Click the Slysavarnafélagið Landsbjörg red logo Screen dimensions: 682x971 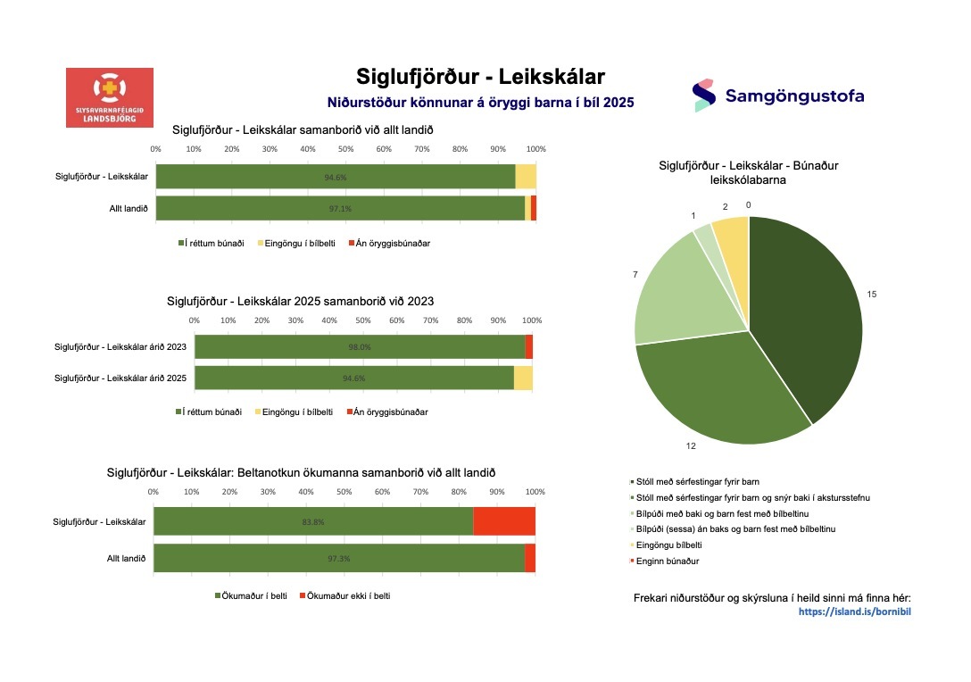(110, 96)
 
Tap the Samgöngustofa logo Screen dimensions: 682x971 (778, 96)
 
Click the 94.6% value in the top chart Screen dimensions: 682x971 (336, 177)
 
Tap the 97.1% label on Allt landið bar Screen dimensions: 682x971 (340, 208)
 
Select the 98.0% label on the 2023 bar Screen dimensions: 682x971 (360, 347)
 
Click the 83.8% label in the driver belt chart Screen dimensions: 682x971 (313, 522)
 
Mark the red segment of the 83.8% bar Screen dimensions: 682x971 (503, 522)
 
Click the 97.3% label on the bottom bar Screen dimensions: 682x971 (339, 558)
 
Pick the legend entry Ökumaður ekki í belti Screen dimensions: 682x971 (349, 595)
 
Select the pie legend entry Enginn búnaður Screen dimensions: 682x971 (661, 561)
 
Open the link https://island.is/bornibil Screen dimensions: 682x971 (854, 611)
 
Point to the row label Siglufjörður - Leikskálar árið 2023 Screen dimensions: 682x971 (120, 347)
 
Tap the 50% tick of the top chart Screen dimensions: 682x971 (345, 147)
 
